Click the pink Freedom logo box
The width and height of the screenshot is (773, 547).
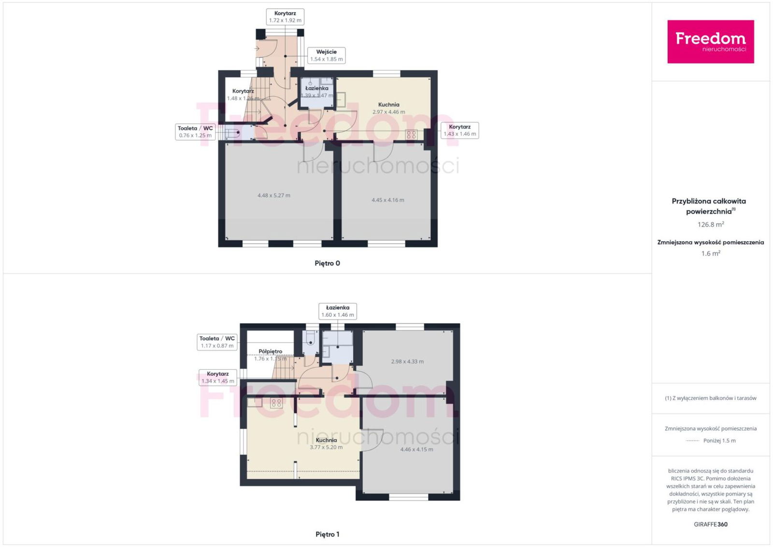711,42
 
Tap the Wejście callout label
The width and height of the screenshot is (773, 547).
326,55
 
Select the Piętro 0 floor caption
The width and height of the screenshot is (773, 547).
327,263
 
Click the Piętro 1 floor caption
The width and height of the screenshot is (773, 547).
327,534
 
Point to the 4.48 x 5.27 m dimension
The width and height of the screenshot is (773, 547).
273,195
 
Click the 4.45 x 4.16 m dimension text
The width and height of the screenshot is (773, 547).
387,200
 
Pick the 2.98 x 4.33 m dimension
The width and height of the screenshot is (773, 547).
407,361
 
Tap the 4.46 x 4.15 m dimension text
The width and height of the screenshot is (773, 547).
416,449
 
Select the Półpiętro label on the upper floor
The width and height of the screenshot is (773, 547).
270,351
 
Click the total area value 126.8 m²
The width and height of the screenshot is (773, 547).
711,224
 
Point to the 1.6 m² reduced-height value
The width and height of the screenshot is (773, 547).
711,253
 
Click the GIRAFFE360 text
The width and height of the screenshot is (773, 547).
711,524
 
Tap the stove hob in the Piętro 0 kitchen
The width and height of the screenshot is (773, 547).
411,135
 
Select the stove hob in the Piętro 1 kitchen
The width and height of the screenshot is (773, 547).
276,403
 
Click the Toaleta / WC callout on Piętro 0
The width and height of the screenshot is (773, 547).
195,131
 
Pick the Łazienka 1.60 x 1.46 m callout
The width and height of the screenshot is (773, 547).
338,311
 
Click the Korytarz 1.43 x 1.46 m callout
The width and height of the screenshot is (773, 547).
459,130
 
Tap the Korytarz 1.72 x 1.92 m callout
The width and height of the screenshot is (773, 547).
285,16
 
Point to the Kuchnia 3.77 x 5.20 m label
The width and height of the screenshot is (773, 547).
326,444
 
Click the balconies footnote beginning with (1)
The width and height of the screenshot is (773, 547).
711,398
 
